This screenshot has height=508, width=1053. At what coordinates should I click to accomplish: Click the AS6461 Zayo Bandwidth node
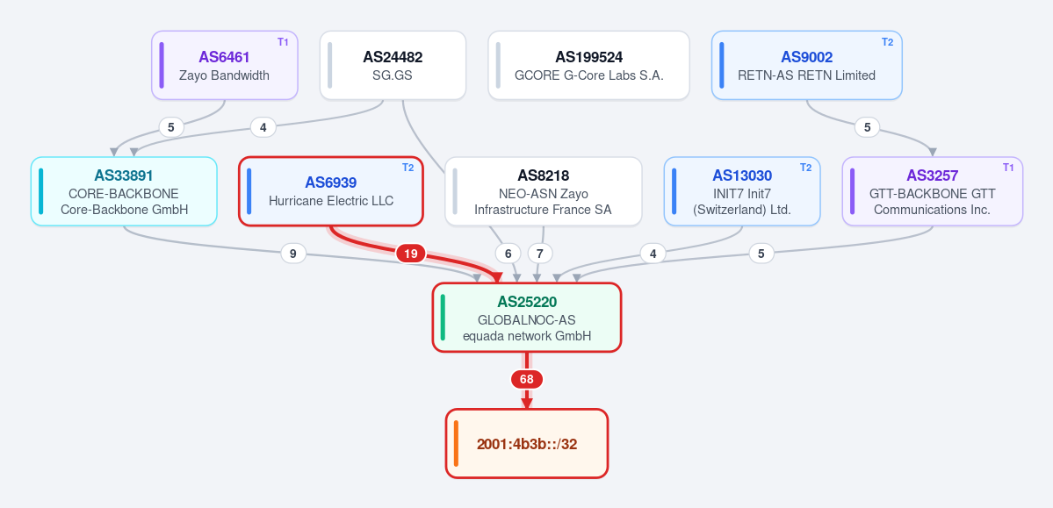coord(224,65)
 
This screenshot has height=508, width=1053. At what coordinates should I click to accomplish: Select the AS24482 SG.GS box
coord(393,65)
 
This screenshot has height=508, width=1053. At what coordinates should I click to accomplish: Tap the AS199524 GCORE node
coord(589,65)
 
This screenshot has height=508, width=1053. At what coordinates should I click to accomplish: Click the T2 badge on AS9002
coord(887,42)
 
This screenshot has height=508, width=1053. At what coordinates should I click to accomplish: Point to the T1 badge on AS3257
coord(1008,168)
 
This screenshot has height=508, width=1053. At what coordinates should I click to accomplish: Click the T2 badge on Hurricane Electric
coord(407,168)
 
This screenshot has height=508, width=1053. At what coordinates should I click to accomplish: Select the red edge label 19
coord(411,254)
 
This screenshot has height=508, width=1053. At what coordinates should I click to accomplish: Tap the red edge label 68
coord(527,380)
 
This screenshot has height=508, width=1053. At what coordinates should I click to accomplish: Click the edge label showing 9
coord(292,254)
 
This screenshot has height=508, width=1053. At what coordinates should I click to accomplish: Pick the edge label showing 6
coord(508,254)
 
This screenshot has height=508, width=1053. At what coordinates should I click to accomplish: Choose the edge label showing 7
coord(540,254)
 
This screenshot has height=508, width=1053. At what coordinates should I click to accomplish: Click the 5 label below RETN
coord(867,127)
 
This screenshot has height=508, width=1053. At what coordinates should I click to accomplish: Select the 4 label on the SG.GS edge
coord(263,127)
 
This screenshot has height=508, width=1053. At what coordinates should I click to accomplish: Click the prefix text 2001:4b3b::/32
coord(527,444)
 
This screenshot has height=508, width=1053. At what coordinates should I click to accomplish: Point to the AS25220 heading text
coord(527,302)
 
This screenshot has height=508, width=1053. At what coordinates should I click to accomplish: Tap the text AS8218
coord(544,175)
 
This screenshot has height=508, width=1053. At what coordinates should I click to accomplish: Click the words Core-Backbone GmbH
coord(124,210)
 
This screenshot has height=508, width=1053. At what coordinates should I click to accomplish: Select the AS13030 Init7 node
coord(742,191)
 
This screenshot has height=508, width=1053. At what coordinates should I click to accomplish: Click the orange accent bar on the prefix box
coord(456,444)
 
